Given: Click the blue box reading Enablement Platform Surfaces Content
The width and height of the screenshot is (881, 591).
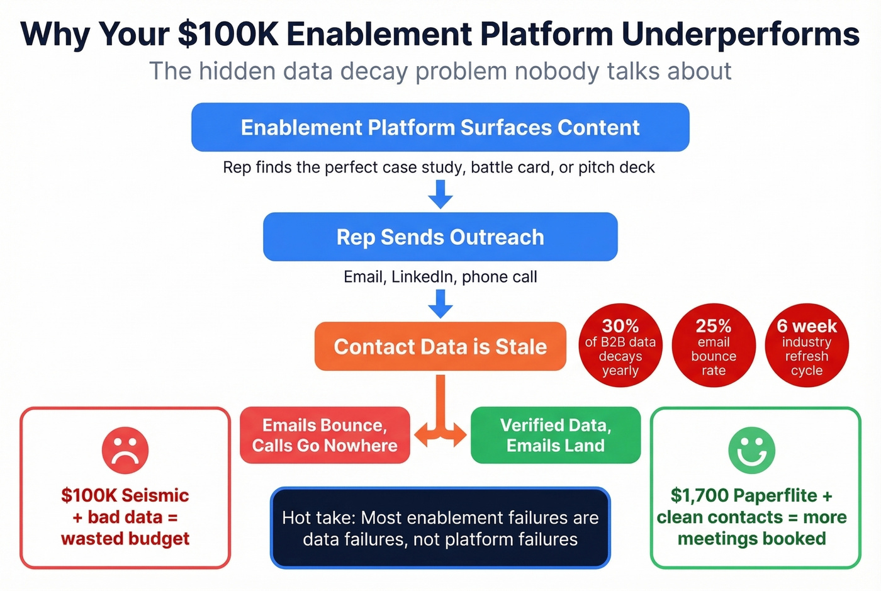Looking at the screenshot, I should (440, 127).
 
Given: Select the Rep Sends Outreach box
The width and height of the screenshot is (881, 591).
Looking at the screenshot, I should (440, 237).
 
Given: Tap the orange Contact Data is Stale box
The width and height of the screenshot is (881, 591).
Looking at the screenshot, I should (440, 346).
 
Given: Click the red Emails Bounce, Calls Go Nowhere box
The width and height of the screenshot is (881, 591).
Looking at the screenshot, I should (325, 435).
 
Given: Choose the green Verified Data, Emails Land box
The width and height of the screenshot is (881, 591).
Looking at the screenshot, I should (555, 435).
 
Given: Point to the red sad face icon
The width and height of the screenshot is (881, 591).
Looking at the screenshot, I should (125, 450).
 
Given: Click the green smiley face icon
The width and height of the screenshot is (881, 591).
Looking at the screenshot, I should (751, 450).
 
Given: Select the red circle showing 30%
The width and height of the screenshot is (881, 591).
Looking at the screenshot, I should (620, 346).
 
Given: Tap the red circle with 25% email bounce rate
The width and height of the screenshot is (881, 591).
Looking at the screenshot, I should (714, 346).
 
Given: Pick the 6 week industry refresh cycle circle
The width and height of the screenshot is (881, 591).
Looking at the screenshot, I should (807, 346).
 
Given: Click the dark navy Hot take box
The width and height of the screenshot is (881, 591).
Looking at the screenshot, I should (440, 527).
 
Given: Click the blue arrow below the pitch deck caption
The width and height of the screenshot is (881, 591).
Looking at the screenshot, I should (441, 194).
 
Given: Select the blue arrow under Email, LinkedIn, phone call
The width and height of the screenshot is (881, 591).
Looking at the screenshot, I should (441, 303).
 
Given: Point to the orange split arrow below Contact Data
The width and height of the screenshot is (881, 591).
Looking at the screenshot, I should (441, 415).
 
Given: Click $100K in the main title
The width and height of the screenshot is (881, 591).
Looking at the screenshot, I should (228, 34).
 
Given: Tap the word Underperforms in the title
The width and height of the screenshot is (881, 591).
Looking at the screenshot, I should (740, 34).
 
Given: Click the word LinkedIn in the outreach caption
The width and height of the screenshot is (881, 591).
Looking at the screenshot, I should (422, 277).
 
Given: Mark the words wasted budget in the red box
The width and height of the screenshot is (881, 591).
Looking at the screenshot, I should (125, 539).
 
